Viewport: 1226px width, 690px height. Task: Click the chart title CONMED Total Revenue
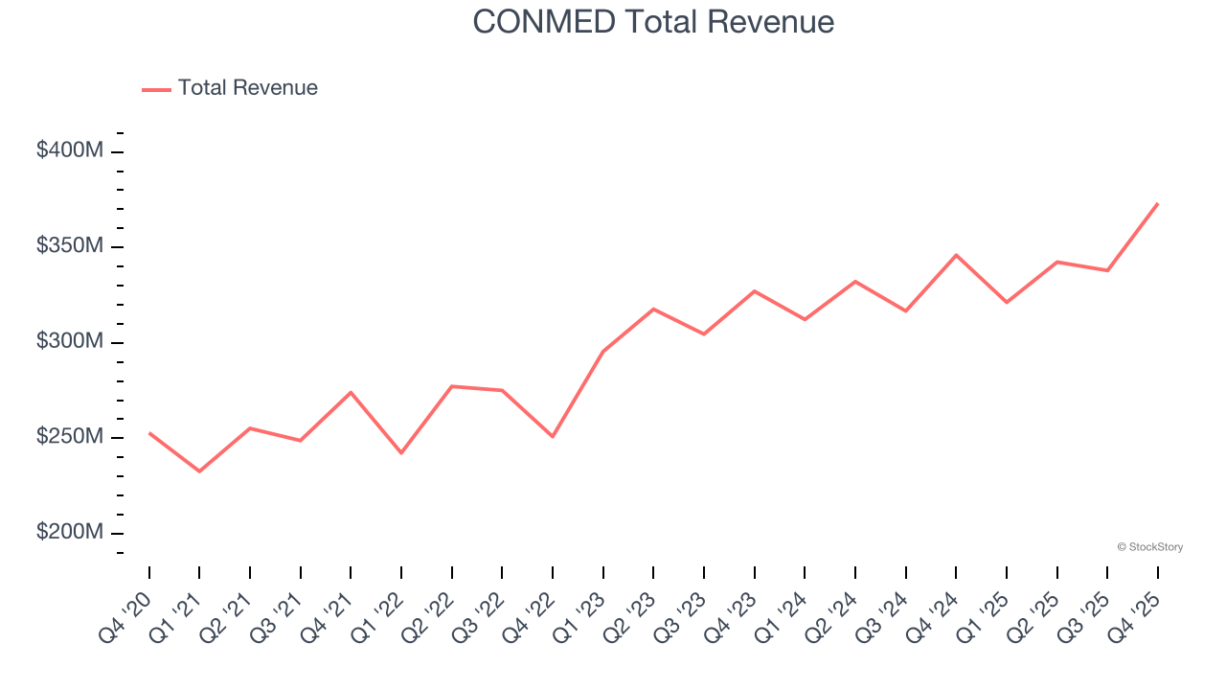coord(653,22)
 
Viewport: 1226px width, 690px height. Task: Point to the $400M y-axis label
coord(70,150)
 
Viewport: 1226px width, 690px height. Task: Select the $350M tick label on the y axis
coord(70,246)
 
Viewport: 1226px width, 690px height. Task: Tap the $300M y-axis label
coord(70,341)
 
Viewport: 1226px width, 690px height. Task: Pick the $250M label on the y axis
coord(70,437)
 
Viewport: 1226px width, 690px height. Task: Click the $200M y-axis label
coord(70,532)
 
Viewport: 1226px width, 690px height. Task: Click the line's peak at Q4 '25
coord(1157,203)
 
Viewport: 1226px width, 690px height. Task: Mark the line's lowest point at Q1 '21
coord(199,471)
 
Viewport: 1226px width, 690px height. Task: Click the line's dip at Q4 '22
coord(553,437)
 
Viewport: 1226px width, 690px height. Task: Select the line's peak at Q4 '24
coord(956,255)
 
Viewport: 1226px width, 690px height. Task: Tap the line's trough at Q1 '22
coord(401,453)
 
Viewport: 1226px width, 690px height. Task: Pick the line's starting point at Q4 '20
coord(149,433)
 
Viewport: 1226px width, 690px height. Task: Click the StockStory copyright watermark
coord(1149,547)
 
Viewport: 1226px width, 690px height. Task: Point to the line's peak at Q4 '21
coord(351,392)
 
